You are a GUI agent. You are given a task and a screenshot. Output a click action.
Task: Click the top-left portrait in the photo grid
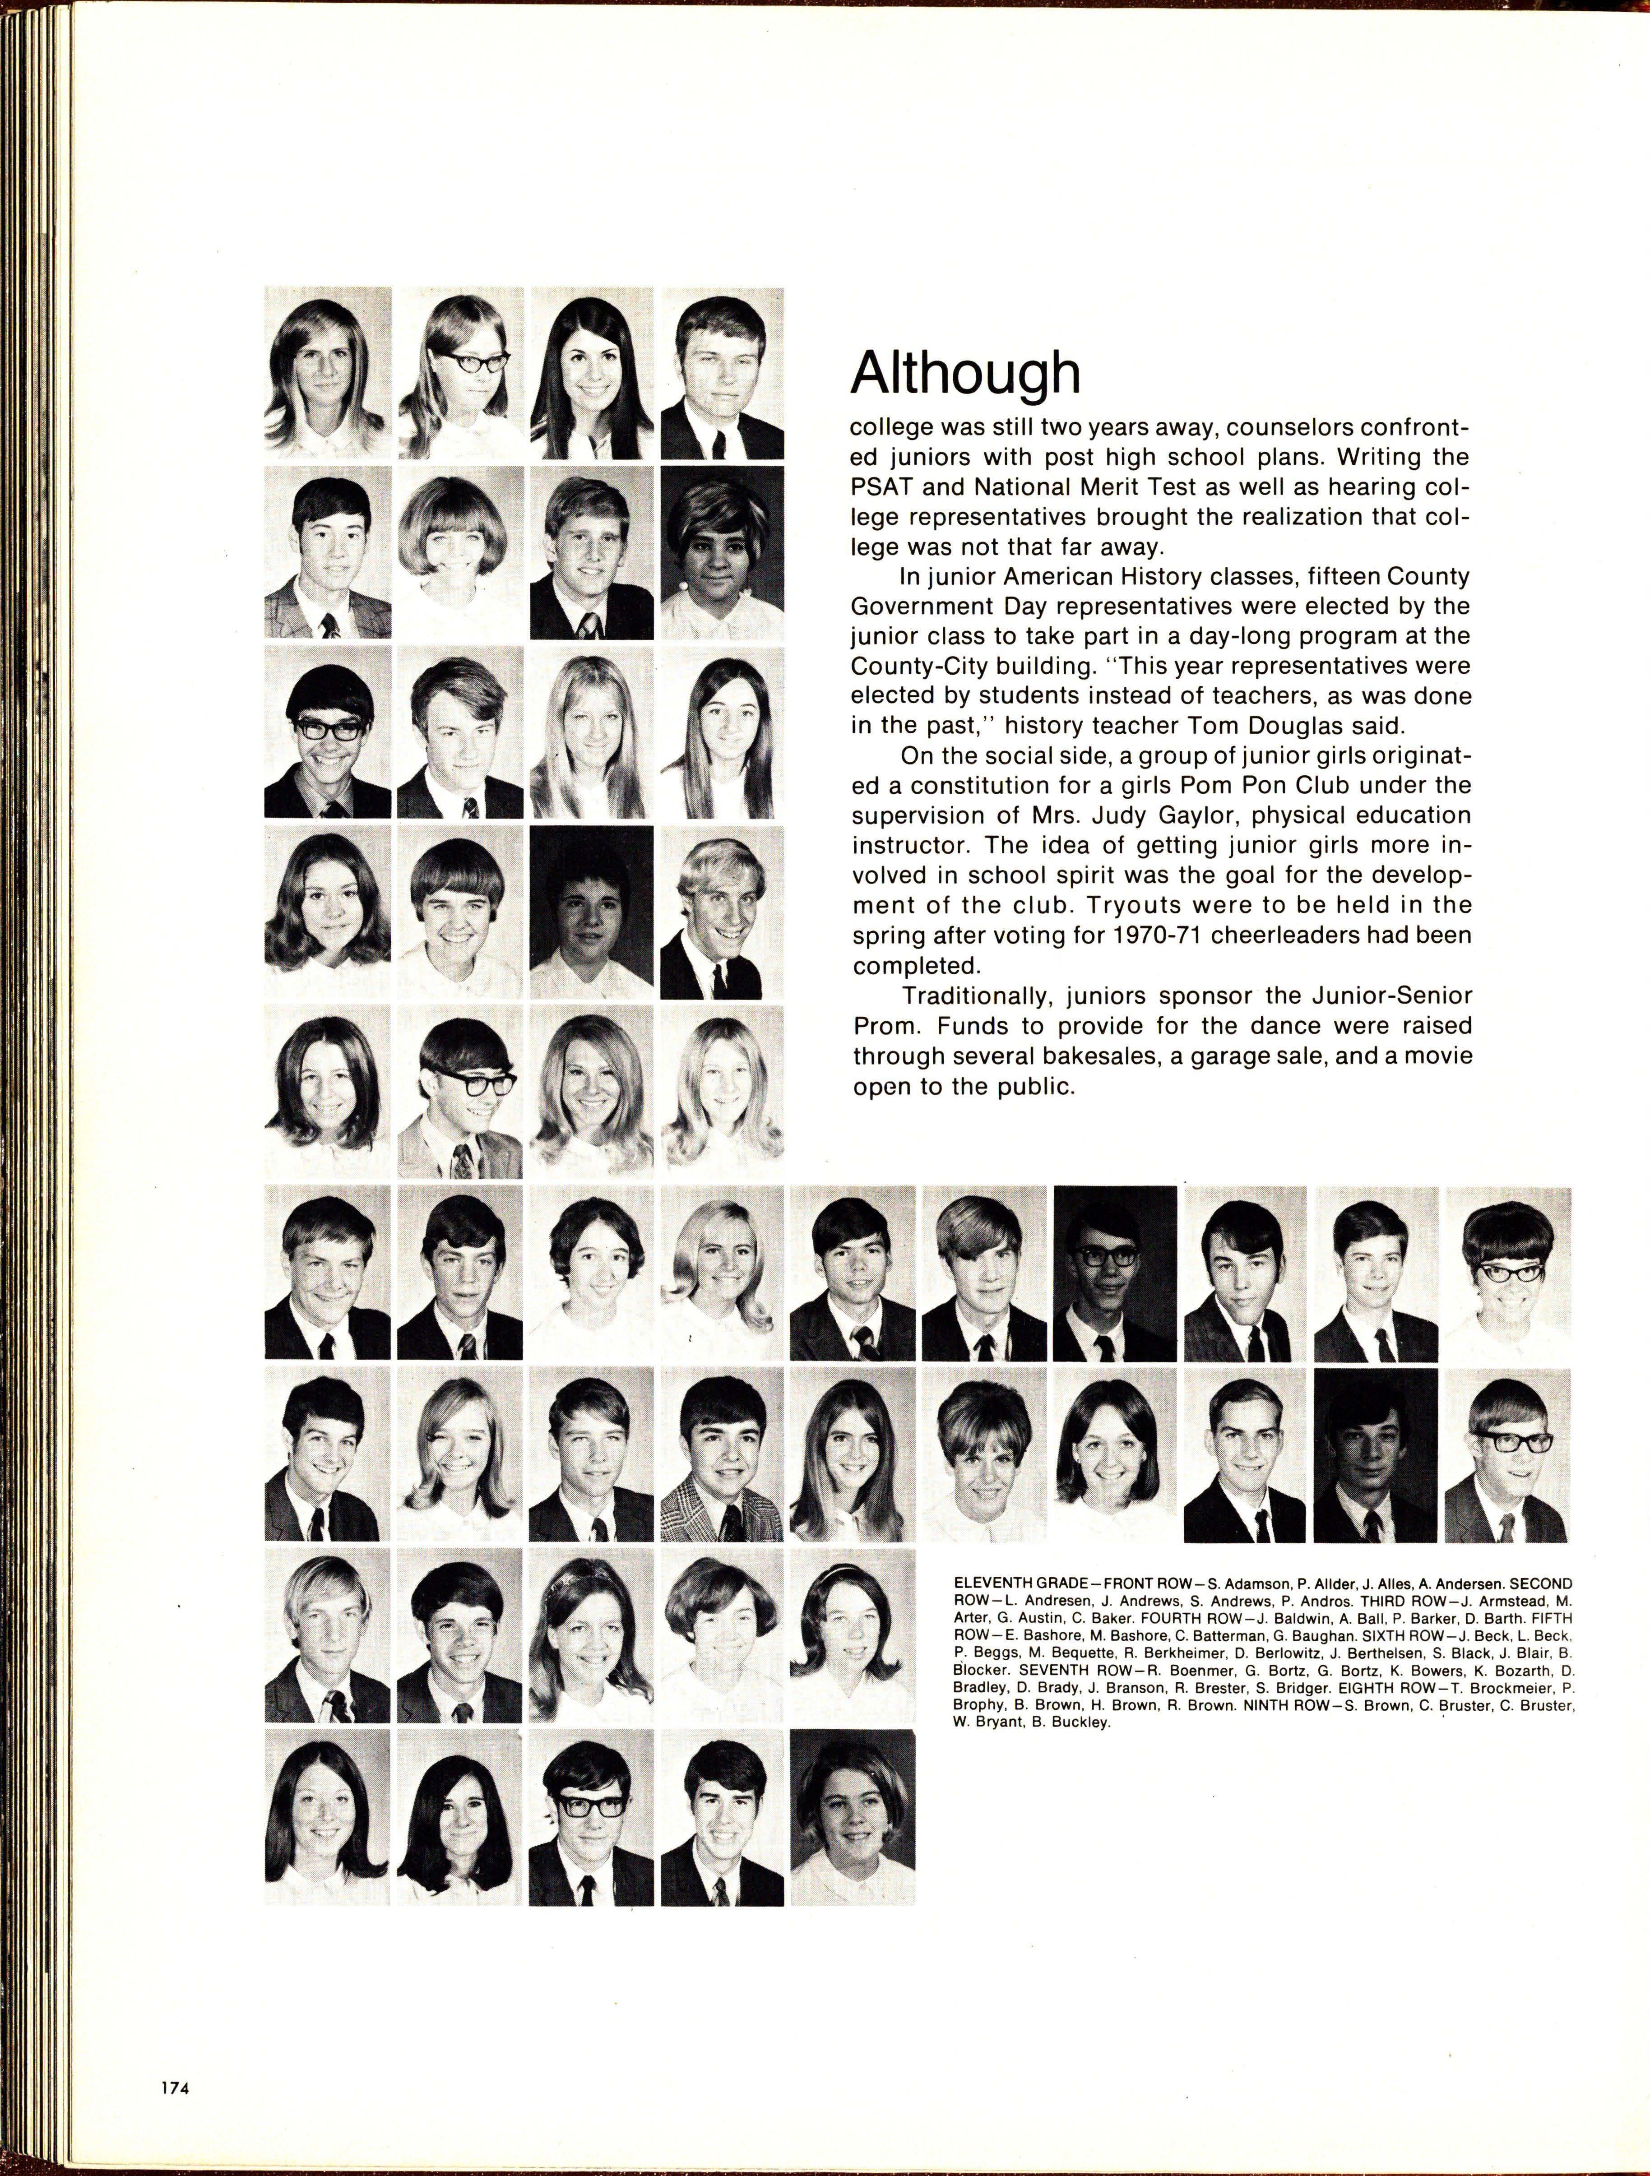point(328,374)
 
